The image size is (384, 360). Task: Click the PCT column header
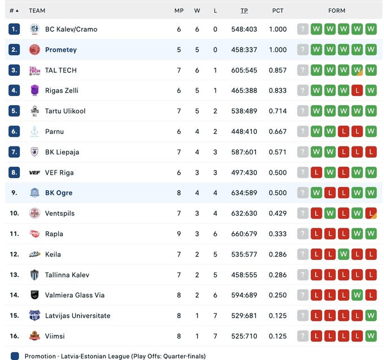pos(278,10)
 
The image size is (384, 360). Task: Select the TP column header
pos(244,10)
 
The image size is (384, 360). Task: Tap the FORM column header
pos(337,10)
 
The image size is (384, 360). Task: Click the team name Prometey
pos(60,50)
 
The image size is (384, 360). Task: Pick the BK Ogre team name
pos(59,193)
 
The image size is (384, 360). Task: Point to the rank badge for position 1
pos(14,29)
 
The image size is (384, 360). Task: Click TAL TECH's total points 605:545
pos(244,70)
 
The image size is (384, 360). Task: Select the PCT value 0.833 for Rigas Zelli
pos(278,90)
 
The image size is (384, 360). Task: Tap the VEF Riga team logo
pos(34,172)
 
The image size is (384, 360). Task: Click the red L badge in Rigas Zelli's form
pos(357,90)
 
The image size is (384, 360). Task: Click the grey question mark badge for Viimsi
pos(303,336)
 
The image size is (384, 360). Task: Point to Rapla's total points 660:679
pos(244,234)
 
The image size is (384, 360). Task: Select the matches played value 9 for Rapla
pos(179,234)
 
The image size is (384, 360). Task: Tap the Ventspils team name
pos(60,213)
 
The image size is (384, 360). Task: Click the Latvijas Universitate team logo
pos(34,315)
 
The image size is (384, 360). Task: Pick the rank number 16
pos(14,336)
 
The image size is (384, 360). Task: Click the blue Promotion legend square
pos(15,356)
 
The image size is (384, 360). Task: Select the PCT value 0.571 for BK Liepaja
pos(278,152)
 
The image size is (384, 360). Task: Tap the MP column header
pos(179,10)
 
